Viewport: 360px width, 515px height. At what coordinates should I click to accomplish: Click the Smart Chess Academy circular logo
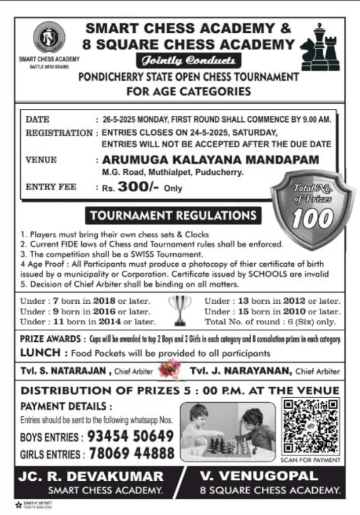tap(49, 38)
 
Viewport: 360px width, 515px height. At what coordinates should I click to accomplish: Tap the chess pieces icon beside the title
tap(320, 47)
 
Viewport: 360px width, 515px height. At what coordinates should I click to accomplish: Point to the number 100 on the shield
tap(313, 218)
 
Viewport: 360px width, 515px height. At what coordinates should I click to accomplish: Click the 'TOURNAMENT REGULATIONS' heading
tap(173, 215)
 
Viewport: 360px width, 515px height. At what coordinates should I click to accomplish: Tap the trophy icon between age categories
tap(180, 309)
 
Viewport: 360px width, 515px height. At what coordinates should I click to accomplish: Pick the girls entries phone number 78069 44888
tap(131, 454)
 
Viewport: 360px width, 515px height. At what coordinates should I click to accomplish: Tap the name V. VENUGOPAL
tap(259, 476)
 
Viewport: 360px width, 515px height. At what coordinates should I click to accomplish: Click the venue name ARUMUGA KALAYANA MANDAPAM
tap(210, 160)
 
